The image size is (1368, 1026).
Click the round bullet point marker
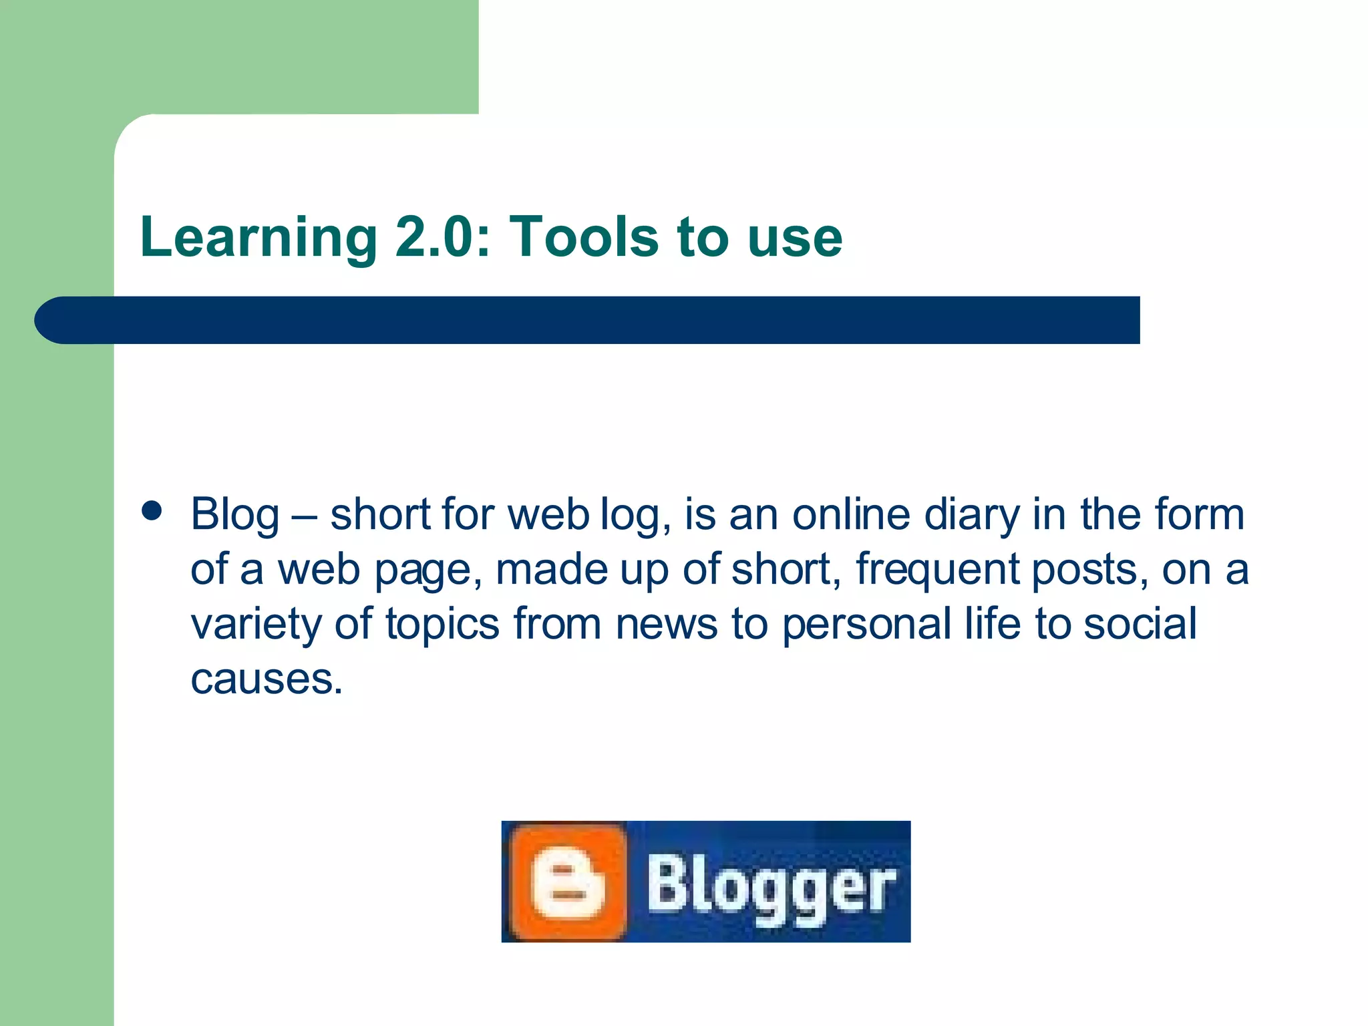click(x=152, y=511)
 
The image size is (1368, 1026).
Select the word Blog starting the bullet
click(x=235, y=516)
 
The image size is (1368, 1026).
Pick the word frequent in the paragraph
click(x=938, y=570)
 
